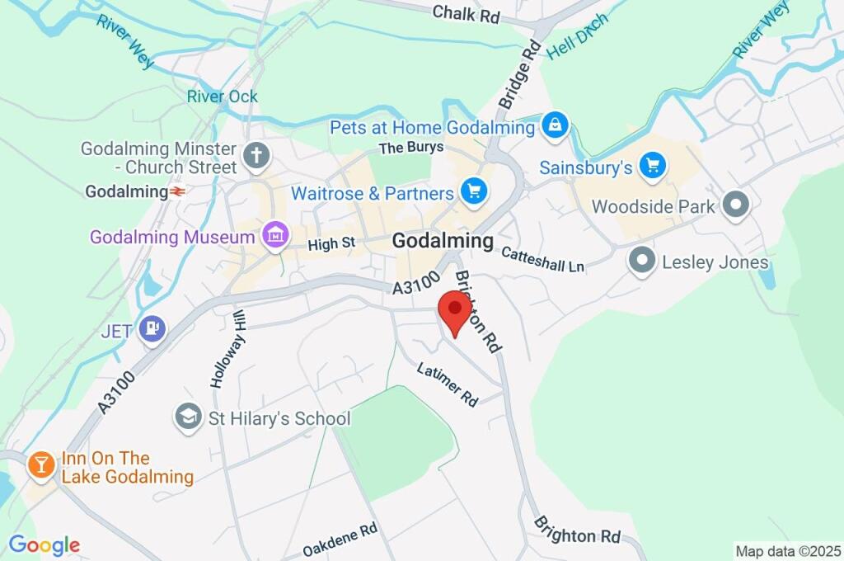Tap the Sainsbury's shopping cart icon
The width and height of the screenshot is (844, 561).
pyautogui.click(x=654, y=166)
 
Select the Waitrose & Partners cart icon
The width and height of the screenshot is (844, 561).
pyautogui.click(x=474, y=193)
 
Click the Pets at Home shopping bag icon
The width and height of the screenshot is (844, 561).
pyautogui.click(x=555, y=127)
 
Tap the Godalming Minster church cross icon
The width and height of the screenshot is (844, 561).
pyautogui.click(x=256, y=155)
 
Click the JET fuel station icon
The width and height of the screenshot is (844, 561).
pyautogui.click(x=152, y=330)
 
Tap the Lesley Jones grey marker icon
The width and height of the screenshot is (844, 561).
pyautogui.click(x=641, y=262)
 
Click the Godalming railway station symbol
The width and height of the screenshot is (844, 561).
pyautogui.click(x=178, y=191)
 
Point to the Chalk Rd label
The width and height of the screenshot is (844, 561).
pyautogui.click(x=467, y=12)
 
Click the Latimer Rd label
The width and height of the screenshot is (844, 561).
pyautogui.click(x=448, y=384)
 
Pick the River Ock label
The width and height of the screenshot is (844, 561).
pyautogui.click(x=222, y=97)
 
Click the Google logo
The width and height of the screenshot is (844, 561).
pyautogui.click(x=44, y=545)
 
